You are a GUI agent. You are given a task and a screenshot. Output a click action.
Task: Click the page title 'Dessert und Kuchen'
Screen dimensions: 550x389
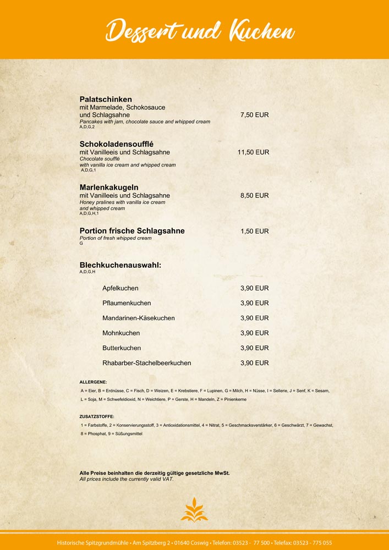[x=200, y=30]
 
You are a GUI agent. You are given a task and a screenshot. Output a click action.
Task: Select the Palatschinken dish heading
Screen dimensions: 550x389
[x=106, y=99]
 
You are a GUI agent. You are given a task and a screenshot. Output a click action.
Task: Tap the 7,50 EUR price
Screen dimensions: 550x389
[x=254, y=115]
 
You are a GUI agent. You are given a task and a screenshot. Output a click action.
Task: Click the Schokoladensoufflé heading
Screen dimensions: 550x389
[x=116, y=144]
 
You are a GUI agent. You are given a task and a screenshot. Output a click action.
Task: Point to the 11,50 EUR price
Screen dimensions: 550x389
[x=253, y=152]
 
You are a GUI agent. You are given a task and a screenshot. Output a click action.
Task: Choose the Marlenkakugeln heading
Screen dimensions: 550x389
[x=109, y=187]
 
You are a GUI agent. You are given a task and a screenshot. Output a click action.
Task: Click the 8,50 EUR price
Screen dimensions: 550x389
[x=254, y=196]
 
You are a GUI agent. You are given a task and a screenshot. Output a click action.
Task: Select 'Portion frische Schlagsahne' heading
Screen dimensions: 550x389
[x=132, y=231]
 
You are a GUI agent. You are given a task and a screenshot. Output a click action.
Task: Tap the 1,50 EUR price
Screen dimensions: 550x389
[x=254, y=232]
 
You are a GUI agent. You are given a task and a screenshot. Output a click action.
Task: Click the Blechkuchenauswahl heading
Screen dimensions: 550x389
[x=120, y=265]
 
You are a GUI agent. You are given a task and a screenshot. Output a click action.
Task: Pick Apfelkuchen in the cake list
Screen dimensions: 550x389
[x=120, y=288]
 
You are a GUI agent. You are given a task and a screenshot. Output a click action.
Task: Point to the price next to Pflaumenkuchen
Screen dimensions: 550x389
[x=254, y=303]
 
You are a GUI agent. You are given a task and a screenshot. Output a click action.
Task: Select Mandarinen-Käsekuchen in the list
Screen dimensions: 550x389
[x=139, y=318]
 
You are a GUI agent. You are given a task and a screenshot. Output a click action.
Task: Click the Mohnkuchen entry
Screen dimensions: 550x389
[x=121, y=333]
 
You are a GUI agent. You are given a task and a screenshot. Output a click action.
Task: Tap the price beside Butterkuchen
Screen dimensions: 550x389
[x=254, y=348]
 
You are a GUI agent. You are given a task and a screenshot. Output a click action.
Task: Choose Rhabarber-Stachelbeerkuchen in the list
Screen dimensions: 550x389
[x=147, y=363]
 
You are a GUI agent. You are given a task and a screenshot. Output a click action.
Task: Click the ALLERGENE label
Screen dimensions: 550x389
[x=94, y=382]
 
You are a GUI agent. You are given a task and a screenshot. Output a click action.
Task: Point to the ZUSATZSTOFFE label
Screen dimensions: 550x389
[x=97, y=416]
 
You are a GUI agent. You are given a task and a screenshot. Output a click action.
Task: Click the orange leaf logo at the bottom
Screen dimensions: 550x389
[x=194, y=509]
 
